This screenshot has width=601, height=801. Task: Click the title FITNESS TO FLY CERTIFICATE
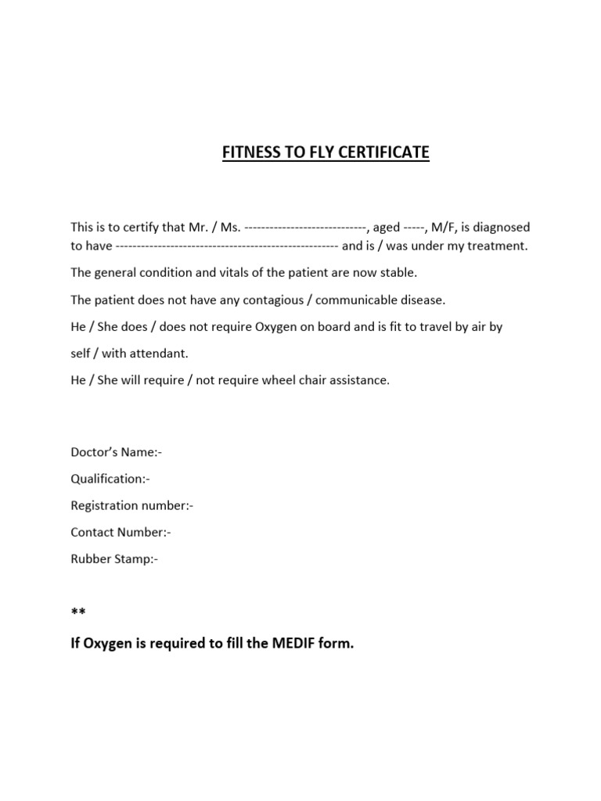pyautogui.click(x=325, y=152)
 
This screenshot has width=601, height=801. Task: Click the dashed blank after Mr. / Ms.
pyautogui.click(x=305, y=228)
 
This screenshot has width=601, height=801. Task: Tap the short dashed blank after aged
pyautogui.click(x=413, y=228)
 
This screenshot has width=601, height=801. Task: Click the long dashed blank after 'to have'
pyautogui.click(x=227, y=246)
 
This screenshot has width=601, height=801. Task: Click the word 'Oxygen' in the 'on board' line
pyautogui.click(x=275, y=326)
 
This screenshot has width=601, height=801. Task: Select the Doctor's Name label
pyautogui.click(x=116, y=452)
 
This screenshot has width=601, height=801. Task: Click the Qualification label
pyautogui.click(x=110, y=479)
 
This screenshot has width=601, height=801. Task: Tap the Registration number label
pyautogui.click(x=131, y=505)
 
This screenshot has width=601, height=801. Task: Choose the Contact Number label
pyautogui.click(x=121, y=532)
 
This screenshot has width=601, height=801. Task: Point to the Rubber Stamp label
pyautogui.click(x=114, y=559)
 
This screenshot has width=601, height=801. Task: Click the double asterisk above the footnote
pyautogui.click(x=78, y=612)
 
